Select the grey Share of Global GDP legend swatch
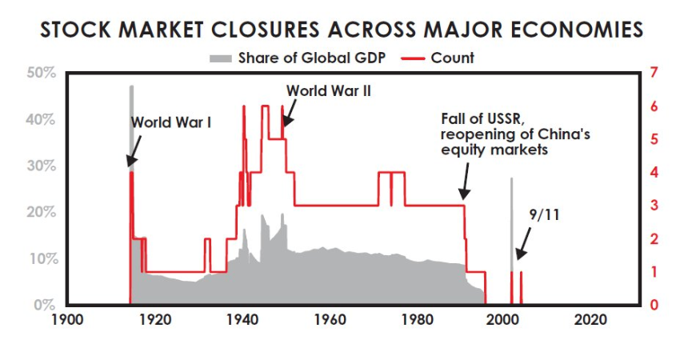[222, 58]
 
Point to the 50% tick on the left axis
[40, 73]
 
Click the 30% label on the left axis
[40, 166]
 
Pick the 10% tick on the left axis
[40, 259]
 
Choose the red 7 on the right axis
[655, 73]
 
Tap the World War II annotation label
[330, 90]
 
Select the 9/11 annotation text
[546, 214]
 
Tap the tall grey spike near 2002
[512, 224]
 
